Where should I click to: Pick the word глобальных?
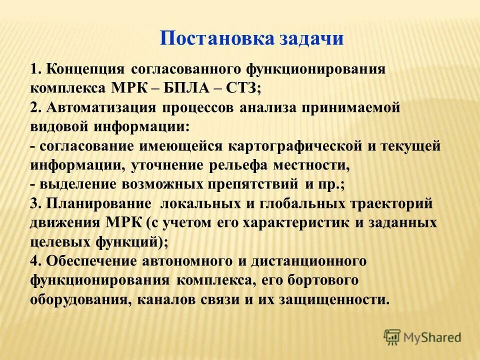click(x=293, y=203)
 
